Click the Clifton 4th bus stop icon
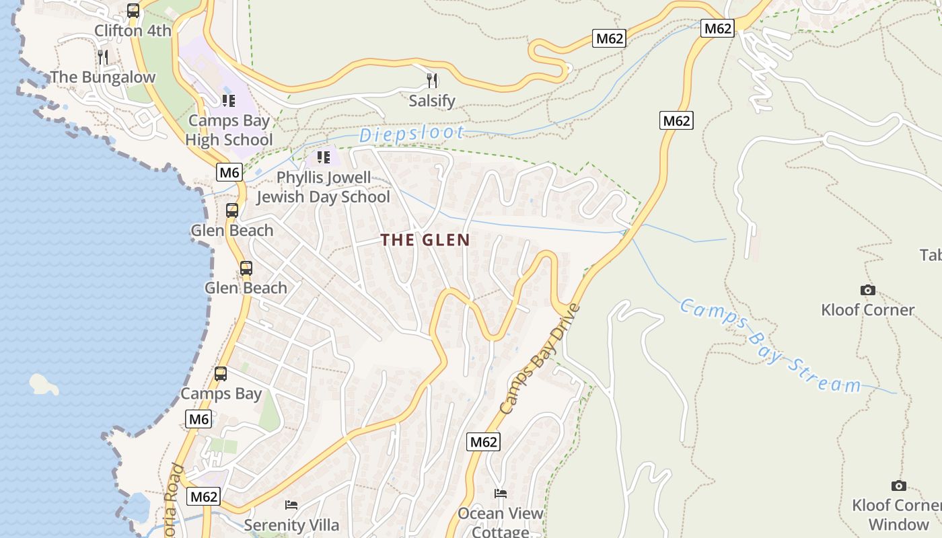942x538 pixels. pos(133,11)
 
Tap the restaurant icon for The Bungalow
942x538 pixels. pos(103,56)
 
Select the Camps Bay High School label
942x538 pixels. pos(229,130)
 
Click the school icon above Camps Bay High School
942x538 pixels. pos(228,101)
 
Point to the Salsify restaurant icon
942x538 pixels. pos(432,81)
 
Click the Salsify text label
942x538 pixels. pos(432,102)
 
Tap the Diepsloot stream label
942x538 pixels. pos(411,134)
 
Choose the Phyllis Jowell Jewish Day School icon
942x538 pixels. pos(323,157)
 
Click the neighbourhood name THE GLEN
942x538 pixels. pos(425,240)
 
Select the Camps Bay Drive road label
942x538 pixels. pos(540,359)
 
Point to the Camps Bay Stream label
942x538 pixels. pos(770,346)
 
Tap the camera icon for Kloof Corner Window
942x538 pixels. pos(898,486)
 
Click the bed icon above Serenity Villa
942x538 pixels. pos(291,504)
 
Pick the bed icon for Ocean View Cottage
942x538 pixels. pos(500,494)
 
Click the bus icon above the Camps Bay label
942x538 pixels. pos(221,374)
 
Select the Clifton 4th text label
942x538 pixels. pos(133,31)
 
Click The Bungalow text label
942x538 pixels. pos(103,77)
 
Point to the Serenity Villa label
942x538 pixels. pos(291,525)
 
